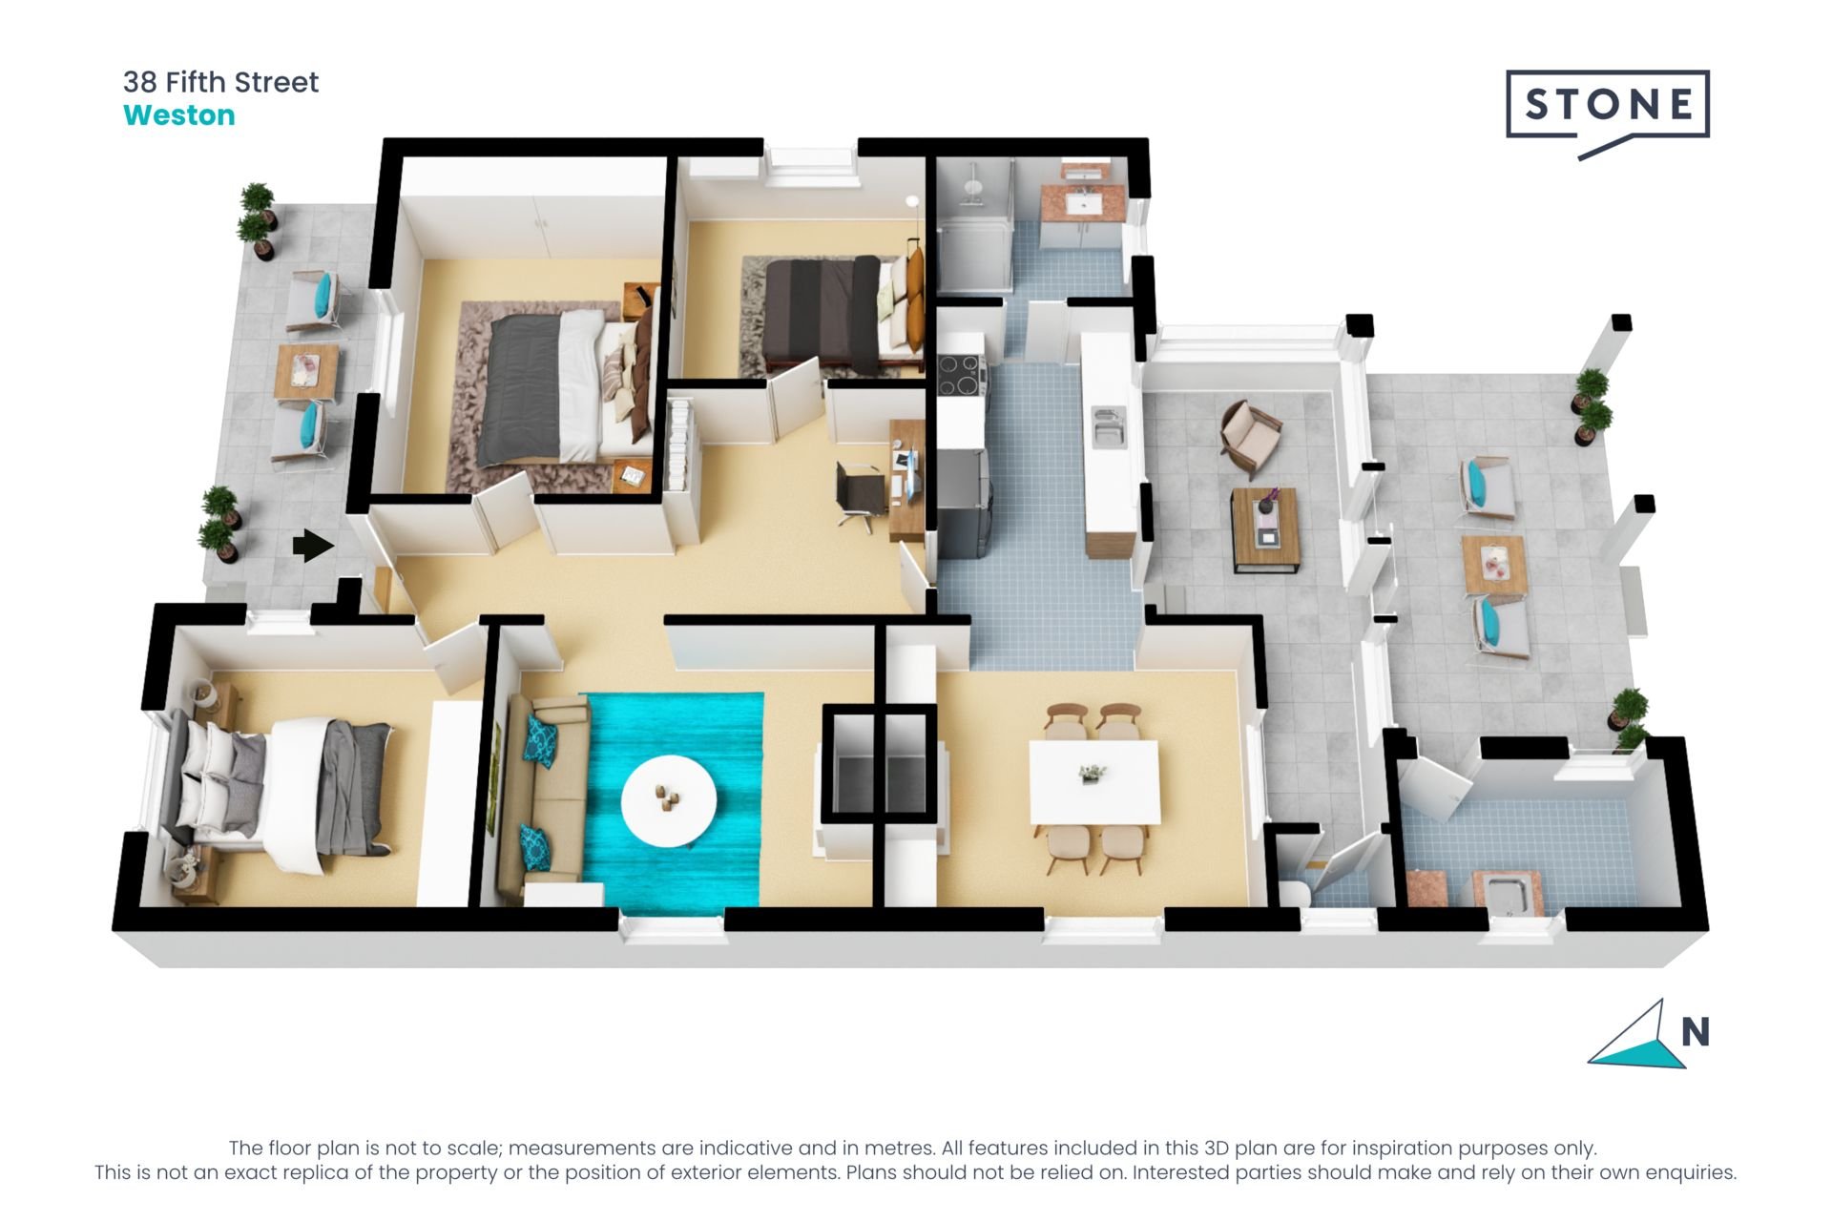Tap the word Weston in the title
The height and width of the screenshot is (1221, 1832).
(179, 115)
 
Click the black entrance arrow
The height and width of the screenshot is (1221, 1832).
(312, 546)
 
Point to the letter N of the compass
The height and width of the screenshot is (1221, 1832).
(1695, 1032)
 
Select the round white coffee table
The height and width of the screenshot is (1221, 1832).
(668, 800)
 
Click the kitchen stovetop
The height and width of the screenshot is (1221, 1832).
(962, 374)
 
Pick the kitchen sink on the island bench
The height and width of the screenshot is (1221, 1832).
(1109, 425)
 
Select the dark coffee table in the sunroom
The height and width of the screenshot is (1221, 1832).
(1265, 529)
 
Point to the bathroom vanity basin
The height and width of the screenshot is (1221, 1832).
(1083, 203)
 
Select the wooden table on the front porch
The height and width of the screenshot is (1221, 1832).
(306, 370)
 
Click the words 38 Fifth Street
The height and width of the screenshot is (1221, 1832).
(220, 82)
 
